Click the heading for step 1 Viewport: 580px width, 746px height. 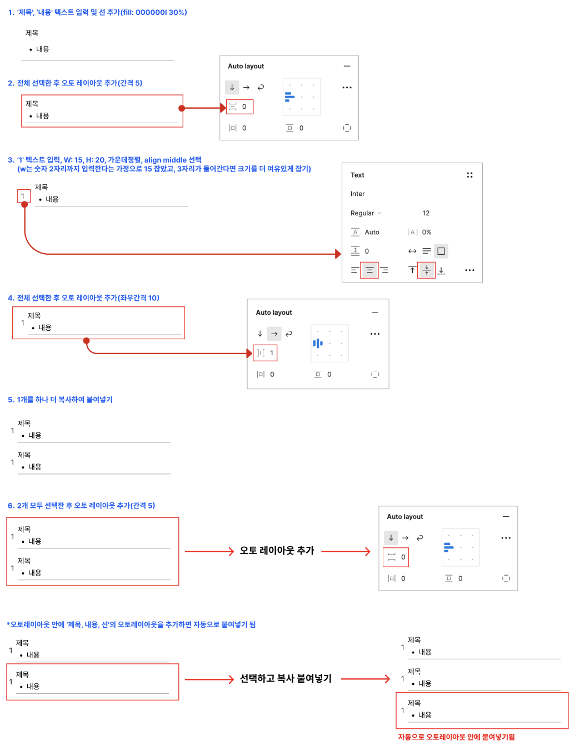97,12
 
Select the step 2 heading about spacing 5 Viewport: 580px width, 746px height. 75,83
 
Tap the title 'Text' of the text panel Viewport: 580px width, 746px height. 357,175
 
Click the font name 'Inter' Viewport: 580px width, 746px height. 357,194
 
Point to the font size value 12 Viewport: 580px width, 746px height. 426,213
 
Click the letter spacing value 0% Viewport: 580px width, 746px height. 426,232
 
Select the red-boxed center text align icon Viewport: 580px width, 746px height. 369,270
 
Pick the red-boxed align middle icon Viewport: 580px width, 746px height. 427,270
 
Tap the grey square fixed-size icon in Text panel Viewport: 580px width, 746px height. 441,251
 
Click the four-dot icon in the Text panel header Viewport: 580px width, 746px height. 469,175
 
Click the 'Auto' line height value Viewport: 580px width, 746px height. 372,232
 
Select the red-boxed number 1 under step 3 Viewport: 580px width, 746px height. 23,196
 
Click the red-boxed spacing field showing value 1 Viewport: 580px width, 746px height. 266,353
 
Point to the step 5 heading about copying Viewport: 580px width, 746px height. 60,400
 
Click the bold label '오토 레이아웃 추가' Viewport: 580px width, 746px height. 277,551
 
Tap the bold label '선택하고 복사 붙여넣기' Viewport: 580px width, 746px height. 286,678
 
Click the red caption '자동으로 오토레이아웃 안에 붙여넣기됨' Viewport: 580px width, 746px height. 456,737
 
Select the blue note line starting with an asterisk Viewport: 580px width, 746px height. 131,624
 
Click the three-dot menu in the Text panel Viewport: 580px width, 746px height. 469,270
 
